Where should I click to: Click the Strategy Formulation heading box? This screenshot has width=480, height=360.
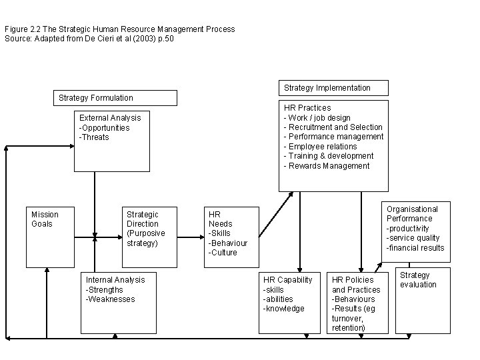[115, 98]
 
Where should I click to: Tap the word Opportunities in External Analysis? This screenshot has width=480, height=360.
[105, 128]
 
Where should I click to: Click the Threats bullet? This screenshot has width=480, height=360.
[95, 137]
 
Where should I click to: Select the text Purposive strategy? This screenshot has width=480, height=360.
[145, 238]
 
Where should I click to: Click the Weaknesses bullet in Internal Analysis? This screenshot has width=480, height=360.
[111, 299]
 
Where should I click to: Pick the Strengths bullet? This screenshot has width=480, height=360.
[105, 290]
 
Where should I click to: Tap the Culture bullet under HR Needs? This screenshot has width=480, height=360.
[223, 253]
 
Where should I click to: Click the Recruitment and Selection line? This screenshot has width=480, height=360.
[334, 127]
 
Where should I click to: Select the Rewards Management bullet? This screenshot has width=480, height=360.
[327, 166]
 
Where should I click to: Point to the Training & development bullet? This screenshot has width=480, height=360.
[330, 156]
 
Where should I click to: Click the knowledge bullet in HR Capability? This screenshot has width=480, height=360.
[284, 309]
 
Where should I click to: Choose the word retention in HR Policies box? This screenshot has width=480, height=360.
[348, 327]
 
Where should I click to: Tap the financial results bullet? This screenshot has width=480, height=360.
[415, 248]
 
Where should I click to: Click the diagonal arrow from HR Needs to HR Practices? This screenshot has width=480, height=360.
[275, 215]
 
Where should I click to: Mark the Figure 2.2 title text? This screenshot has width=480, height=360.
[120, 29]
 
